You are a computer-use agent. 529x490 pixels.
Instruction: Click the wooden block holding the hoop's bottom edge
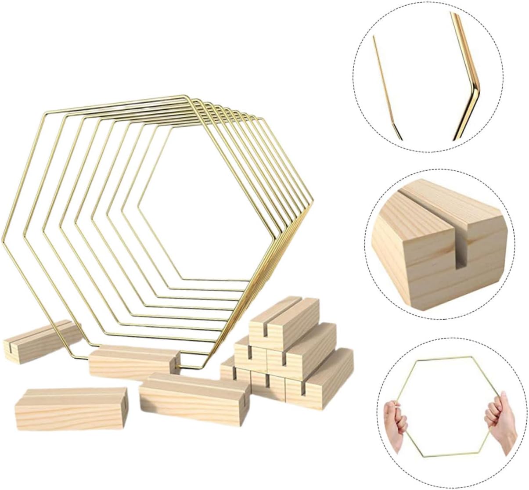click(132, 362)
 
